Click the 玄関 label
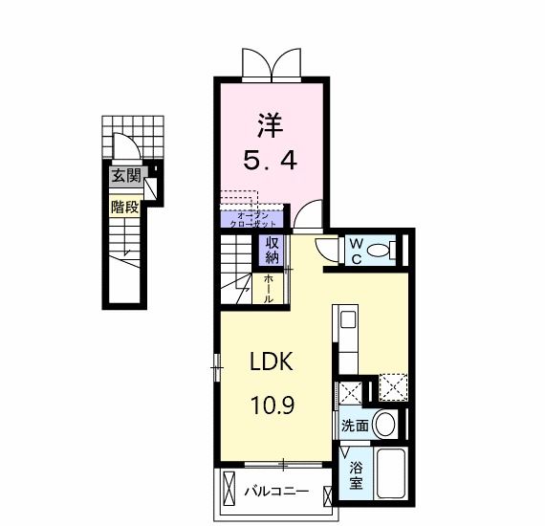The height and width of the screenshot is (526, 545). (125, 176)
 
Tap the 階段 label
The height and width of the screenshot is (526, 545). (125, 207)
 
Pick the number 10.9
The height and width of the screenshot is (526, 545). (273, 405)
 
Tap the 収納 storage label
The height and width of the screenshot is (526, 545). (271, 250)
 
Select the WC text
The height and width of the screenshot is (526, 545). (354, 251)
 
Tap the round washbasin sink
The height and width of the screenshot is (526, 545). (384, 424)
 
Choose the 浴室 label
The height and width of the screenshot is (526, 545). (355, 474)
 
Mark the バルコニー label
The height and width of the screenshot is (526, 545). (275, 492)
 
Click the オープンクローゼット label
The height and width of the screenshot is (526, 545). (253, 218)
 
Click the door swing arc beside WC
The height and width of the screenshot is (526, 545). (327, 248)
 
